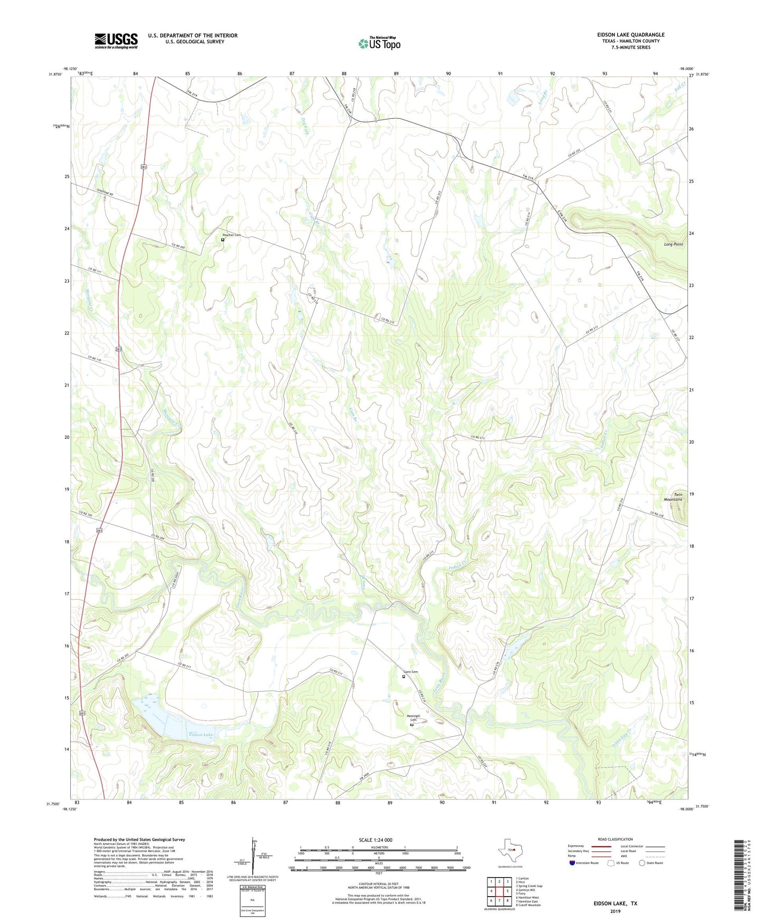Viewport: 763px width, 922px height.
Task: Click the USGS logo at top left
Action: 116,41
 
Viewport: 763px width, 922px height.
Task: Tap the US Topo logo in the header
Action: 379,43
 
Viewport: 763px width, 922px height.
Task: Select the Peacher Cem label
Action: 232,235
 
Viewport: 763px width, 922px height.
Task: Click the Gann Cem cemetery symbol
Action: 404,676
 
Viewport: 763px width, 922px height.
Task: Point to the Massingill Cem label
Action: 413,718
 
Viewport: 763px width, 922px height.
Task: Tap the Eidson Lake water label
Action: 201,735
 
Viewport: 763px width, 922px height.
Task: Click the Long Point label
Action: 673,244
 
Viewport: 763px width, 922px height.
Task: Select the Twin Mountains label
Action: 673,497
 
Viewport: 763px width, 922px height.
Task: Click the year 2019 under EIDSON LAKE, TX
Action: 615,911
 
